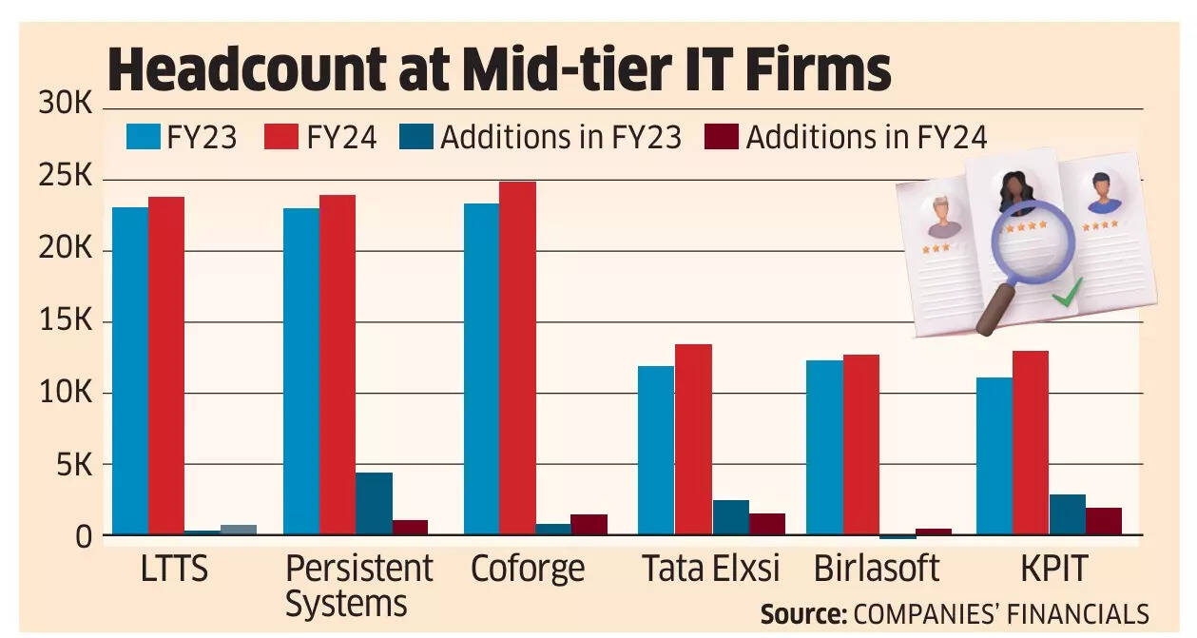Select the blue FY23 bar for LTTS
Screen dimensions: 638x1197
point(130,371)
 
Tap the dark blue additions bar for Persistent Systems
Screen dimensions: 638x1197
point(374,504)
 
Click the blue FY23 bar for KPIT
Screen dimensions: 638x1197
point(994,456)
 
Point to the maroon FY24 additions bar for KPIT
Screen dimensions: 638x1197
point(1103,521)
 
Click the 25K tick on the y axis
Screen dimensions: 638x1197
point(65,179)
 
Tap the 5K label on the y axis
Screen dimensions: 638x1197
point(71,465)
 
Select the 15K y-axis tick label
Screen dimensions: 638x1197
point(65,321)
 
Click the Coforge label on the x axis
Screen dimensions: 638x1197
point(528,569)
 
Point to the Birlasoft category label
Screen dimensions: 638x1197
point(876,569)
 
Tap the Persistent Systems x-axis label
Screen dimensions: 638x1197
point(358,585)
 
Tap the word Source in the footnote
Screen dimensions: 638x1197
point(802,614)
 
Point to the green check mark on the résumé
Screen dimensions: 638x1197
point(1067,295)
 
